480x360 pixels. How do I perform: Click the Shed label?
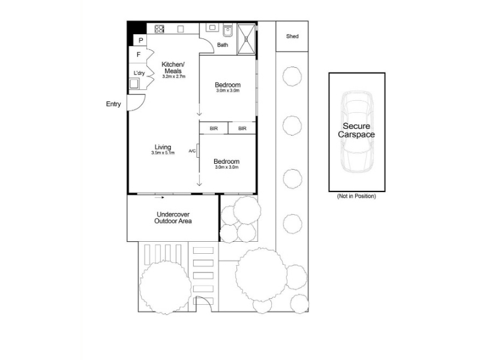coord(292,36)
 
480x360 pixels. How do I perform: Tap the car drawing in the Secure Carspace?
coord(357,131)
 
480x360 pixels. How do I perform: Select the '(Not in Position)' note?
coord(356,196)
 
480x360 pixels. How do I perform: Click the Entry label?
coord(113,104)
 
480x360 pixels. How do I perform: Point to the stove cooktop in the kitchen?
coord(159,29)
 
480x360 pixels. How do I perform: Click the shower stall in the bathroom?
coord(246,39)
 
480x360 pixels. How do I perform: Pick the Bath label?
coord(223,45)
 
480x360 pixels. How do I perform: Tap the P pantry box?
coord(140,40)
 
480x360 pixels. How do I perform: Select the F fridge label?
coord(139,55)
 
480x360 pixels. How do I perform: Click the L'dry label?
coord(139,73)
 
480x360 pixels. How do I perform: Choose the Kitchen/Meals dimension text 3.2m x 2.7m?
coord(174,77)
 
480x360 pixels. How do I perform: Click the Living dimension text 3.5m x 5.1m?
coord(163,153)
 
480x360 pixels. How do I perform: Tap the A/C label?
coord(192,151)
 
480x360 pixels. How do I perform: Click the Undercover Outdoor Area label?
coord(173,218)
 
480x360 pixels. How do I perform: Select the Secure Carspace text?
coord(356,130)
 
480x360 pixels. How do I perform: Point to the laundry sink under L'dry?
coord(134,83)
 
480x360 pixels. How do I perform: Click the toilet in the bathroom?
coord(227,30)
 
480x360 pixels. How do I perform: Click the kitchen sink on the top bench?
coord(212,28)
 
